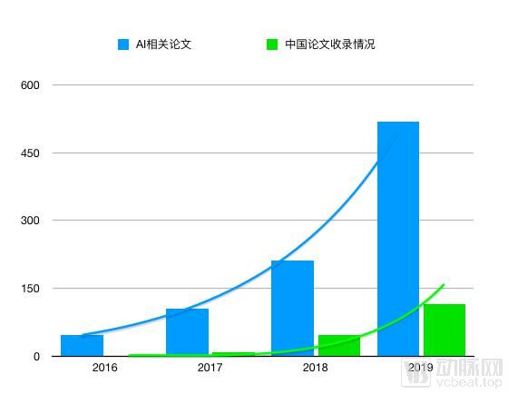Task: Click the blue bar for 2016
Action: pyautogui.click(x=82, y=346)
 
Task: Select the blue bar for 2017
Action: pyautogui.click(x=187, y=332)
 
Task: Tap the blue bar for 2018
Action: pyautogui.click(x=292, y=309)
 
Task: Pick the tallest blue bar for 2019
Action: pyautogui.click(x=398, y=239)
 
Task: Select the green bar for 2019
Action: pyautogui.click(x=444, y=330)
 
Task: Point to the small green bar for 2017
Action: pyautogui.click(x=233, y=354)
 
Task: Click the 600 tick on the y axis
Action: pyautogui.click(x=31, y=85)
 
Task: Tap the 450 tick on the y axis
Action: pyautogui.click(x=31, y=153)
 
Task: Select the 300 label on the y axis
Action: pyautogui.click(x=31, y=221)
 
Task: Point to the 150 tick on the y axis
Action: pyautogui.click(x=31, y=289)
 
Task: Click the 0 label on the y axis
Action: pyautogui.click(x=36, y=357)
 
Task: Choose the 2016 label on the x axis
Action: pyautogui.click(x=104, y=368)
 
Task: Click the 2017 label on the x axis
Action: pyautogui.click(x=210, y=368)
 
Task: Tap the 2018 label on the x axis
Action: pyautogui.click(x=315, y=368)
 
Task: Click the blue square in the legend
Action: pyautogui.click(x=123, y=44)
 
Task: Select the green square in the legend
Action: pyautogui.click(x=271, y=44)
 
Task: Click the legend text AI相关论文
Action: pyautogui.click(x=164, y=44)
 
